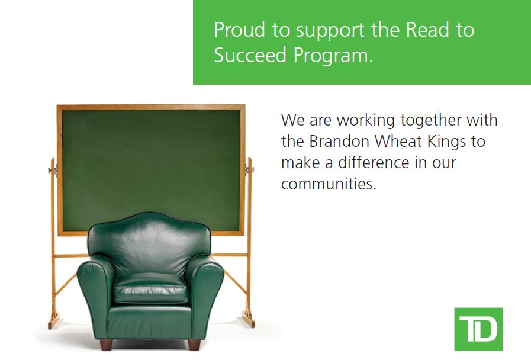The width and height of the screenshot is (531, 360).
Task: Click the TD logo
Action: click(x=478, y=329)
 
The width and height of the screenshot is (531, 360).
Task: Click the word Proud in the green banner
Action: click(x=240, y=30)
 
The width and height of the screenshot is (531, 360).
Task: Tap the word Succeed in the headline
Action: click(x=250, y=55)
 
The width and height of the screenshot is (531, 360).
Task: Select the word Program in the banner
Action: click(x=333, y=56)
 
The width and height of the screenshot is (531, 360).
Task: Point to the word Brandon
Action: click(x=339, y=142)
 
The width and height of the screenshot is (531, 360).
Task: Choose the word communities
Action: click(x=329, y=184)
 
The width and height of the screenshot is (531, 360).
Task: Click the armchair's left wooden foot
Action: click(x=106, y=345)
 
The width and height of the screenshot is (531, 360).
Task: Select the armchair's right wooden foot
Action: click(x=194, y=345)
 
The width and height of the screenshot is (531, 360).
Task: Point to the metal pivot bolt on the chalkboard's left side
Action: click(x=53, y=170)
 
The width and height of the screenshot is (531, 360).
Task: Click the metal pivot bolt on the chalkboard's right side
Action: click(x=249, y=169)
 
